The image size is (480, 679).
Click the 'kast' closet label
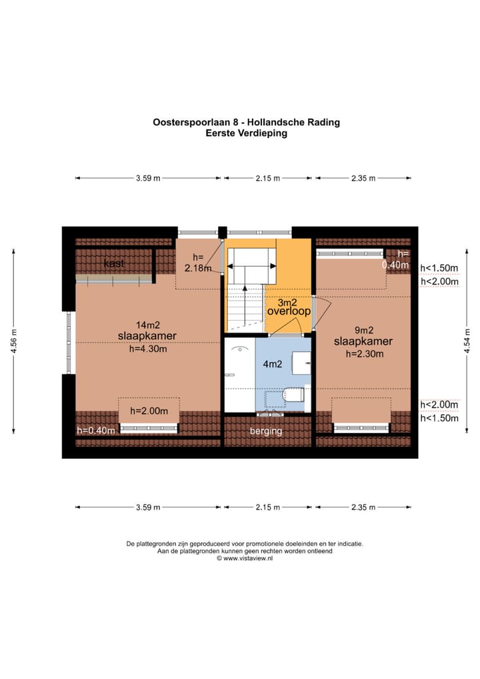point(114,263)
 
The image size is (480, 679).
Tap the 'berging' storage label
point(266,431)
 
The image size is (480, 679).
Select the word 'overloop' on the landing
point(289,311)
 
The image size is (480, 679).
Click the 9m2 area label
point(362,329)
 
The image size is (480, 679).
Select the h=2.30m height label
point(365,354)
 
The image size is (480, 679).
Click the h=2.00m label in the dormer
point(149,411)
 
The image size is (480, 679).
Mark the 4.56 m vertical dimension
point(13,344)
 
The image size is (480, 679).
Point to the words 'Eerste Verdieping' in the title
point(246,133)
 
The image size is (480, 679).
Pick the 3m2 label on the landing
point(288,301)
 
